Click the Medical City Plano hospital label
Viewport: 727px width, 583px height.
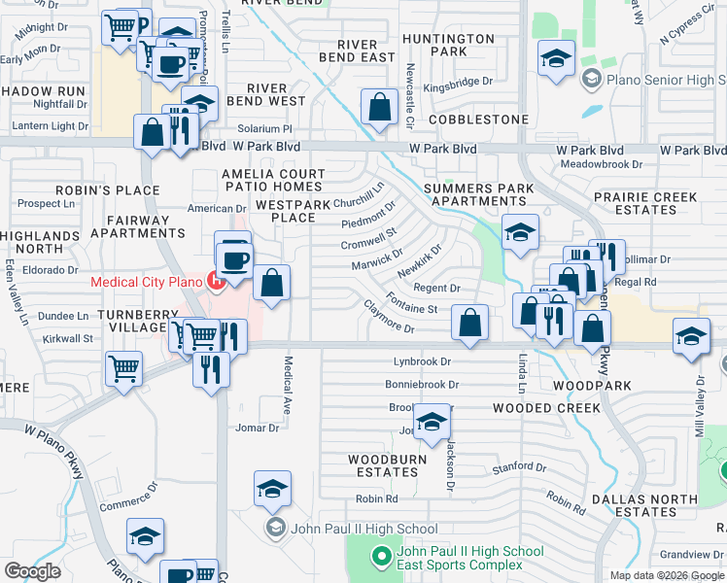pos(146,283)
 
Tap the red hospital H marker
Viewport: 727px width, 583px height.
pos(217,283)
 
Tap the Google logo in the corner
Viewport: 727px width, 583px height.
pos(32,571)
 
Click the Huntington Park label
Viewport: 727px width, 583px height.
pos(448,45)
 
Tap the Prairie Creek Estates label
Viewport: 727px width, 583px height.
pos(648,203)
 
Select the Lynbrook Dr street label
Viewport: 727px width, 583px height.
pos(423,361)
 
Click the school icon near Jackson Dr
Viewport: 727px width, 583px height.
pos(432,421)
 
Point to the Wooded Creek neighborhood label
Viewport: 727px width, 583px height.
pos(546,408)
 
